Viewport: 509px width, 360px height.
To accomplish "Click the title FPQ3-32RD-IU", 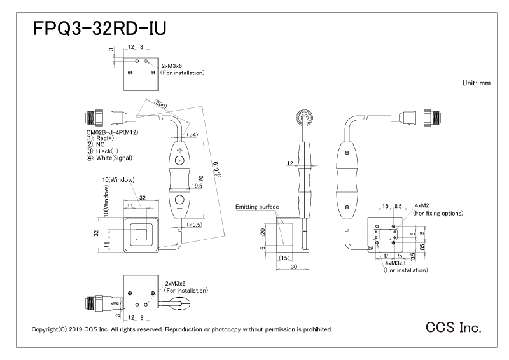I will pos(99,31).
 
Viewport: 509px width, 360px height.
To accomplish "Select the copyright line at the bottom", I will pos(181,329).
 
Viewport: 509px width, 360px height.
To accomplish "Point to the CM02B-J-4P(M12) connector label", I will pos(113,132).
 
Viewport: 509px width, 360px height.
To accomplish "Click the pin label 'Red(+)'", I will pos(108,138).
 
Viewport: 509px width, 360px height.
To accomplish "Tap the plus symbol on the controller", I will pos(179,150).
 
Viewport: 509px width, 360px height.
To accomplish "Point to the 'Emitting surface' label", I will pos(257,207).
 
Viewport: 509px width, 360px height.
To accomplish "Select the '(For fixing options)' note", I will pos(438,213).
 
